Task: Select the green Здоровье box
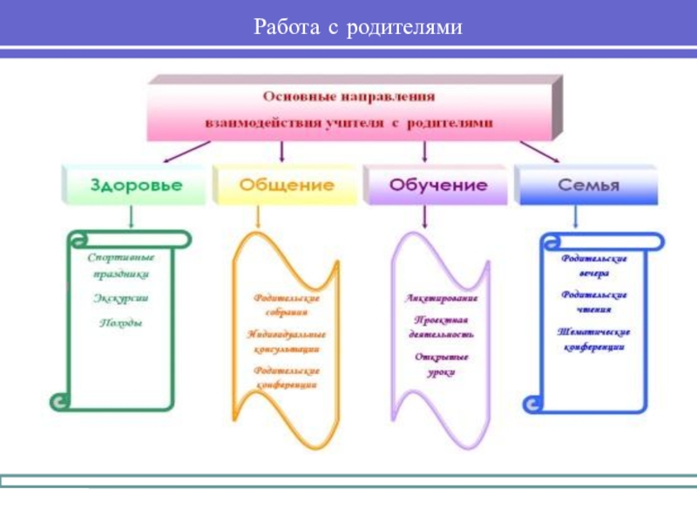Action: pyautogui.click(x=133, y=186)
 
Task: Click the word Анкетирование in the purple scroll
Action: pyautogui.click(x=441, y=298)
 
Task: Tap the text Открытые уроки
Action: pyautogui.click(x=441, y=364)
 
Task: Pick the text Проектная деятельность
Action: pyautogui.click(x=441, y=327)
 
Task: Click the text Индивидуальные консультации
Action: pyautogui.click(x=286, y=341)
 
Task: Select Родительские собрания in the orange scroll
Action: pyautogui.click(x=287, y=304)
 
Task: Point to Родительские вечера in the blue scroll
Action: pyautogui.click(x=593, y=265)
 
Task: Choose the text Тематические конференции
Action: pyautogui.click(x=593, y=339)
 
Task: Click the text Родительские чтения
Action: pyautogui.click(x=593, y=302)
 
